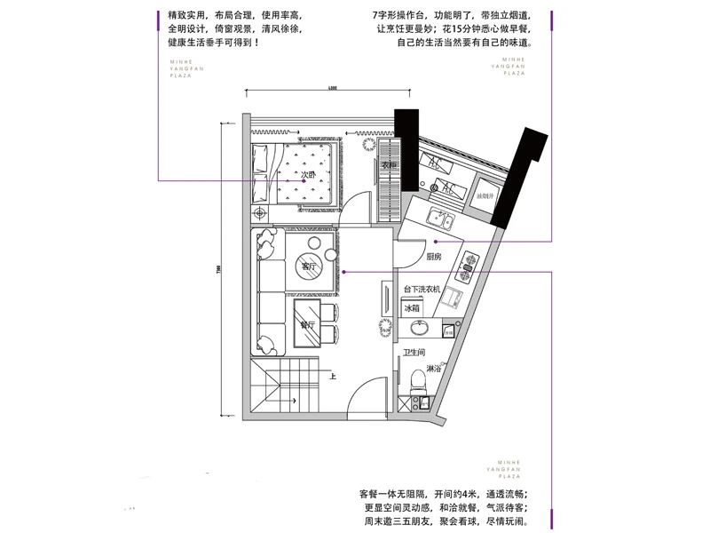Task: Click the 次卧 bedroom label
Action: [x=308, y=176]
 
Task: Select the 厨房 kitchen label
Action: [x=433, y=257]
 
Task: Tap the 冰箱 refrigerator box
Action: [x=412, y=308]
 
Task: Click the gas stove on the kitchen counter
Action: [x=468, y=263]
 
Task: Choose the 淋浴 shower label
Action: [x=434, y=368]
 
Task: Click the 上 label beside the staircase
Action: [x=332, y=376]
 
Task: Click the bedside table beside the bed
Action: [x=261, y=214]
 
